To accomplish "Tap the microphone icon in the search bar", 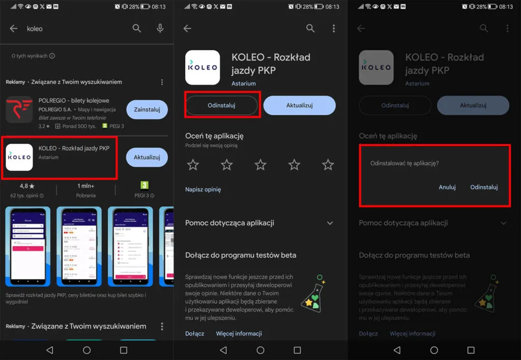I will (160, 28).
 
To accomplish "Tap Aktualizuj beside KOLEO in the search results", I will (147, 157).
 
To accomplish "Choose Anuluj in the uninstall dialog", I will (447, 187).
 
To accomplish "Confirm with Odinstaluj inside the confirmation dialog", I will (484, 187).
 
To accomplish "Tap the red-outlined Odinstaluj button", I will (221, 105).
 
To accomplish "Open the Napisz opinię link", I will (203, 190).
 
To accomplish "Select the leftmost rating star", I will (193, 164).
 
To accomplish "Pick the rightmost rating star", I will (328, 164).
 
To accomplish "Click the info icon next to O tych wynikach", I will (52, 56).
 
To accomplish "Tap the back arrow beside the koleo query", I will (14, 28).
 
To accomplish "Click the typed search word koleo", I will (35, 29).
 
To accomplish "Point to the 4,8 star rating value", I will (27, 186).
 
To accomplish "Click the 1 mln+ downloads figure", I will (86, 186).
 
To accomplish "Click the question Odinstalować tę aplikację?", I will (404, 164).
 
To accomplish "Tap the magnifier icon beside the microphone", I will (137, 28).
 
